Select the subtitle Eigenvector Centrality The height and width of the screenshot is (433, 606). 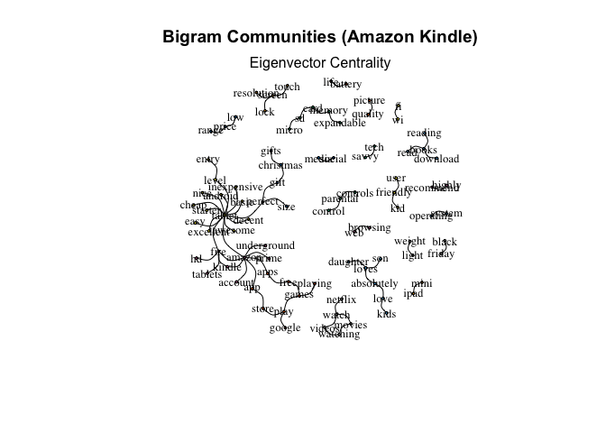point(319,63)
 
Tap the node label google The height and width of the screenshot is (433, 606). point(285,327)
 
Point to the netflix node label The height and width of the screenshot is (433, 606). point(341,299)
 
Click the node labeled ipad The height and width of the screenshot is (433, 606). point(413,293)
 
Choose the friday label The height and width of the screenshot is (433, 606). point(441,253)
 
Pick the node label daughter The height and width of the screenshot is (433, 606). point(348,262)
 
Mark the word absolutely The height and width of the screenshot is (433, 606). point(374,283)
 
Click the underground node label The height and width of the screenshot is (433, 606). point(265,245)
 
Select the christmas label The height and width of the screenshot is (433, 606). point(280,165)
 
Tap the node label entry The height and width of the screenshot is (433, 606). point(207,160)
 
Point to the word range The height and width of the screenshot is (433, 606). point(210,131)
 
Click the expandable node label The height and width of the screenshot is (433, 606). point(340,123)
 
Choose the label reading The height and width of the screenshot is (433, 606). point(424,134)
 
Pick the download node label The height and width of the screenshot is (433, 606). point(436,159)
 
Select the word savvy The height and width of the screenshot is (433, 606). point(365,156)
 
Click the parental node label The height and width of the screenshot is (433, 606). point(340,199)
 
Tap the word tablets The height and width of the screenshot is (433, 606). point(207,274)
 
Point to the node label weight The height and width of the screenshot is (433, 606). point(409,241)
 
